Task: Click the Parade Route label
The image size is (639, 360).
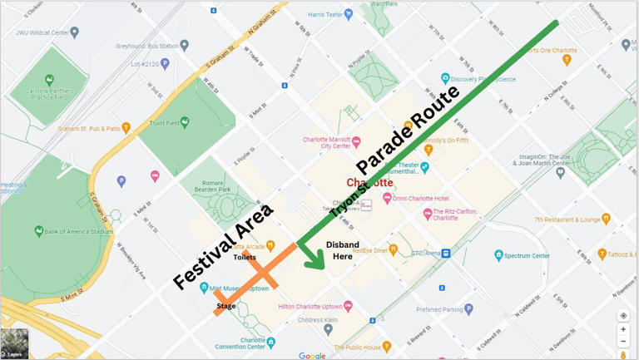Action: (x=408, y=131)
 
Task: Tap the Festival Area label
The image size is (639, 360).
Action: (x=223, y=247)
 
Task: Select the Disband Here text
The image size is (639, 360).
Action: (x=342, y=250)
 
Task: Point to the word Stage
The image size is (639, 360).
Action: (x=226, y=306)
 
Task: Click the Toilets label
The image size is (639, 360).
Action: (x=245, y=257)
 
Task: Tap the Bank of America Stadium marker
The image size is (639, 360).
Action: (x=38, y=231)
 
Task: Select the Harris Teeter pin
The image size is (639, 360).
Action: (x=348, y=14)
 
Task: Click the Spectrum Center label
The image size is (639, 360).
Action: (x=529, y=255)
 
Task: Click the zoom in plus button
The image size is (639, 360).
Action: (x=623, y=329)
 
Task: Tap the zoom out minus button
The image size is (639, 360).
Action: (x=623, y=342)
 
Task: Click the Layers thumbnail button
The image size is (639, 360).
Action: (x=14, y=343)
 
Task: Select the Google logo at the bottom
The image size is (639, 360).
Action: (x=312, y=356)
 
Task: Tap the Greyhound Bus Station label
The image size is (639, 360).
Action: (x=147, y=46)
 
